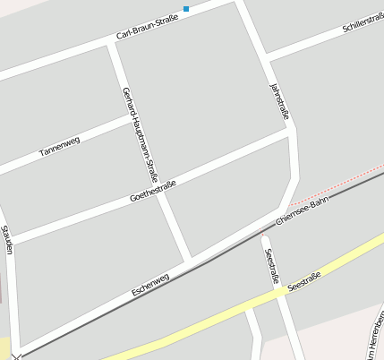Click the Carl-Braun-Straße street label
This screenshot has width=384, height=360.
click(147, 27)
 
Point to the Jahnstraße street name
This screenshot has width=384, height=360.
click(279, 100)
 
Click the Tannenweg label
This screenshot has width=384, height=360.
click(59, 147)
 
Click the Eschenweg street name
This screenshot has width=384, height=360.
click(149, 284)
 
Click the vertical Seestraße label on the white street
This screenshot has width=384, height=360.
click(272, 264)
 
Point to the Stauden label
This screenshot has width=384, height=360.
click(7, 239)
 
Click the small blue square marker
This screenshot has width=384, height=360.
click(186, 9)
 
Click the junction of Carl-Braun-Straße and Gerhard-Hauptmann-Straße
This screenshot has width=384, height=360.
click(111, 43)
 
